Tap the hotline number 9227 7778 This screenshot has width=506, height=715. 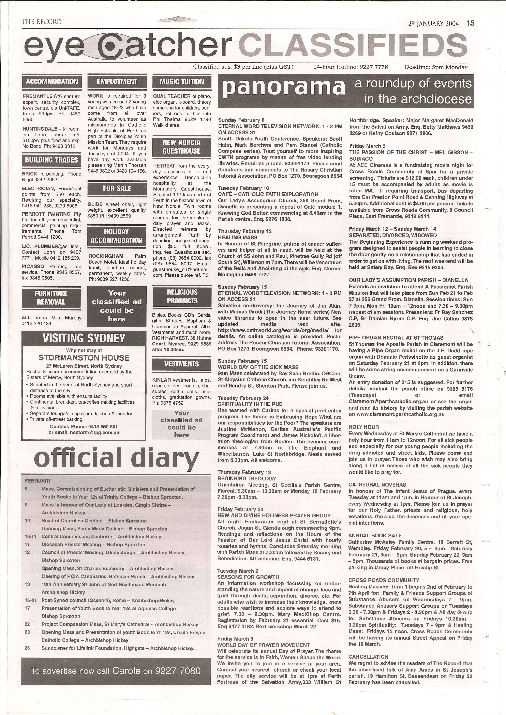point(373,67)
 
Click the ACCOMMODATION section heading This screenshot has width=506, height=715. point(52,82)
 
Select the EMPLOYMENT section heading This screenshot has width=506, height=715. point(117,82)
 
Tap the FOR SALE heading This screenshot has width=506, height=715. point(117,188)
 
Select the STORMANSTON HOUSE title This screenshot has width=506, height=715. point(84,357)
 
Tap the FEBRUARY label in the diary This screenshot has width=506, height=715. point(38,481)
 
